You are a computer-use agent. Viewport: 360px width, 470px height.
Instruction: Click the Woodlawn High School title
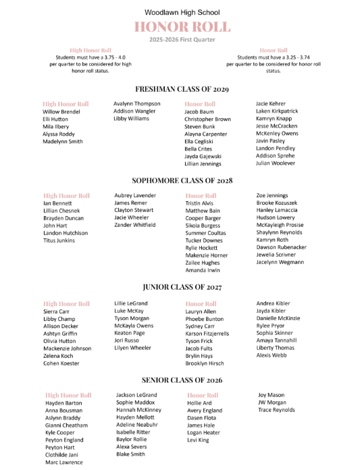pos(182,12)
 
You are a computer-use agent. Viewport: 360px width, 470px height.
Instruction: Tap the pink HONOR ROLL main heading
pos(182,27)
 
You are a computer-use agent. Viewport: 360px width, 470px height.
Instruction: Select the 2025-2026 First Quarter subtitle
pos(182,40)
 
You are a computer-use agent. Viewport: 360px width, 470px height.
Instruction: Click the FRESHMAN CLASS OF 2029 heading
pos(182,89)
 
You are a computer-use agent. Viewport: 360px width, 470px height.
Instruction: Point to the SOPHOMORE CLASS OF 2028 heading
pos(182,181)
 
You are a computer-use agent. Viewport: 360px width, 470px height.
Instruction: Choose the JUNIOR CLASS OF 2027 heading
pos(182,288)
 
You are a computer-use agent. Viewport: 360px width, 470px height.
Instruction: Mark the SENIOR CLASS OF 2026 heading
pos(182,380)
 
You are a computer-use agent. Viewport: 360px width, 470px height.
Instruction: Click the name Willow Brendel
pos(61,111)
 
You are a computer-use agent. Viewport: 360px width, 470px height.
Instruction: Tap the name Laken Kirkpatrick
pos(277,111)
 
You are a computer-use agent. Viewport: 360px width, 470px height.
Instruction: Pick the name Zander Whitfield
pos(135,225)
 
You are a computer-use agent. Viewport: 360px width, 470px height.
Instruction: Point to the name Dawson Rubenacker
pos(281,247)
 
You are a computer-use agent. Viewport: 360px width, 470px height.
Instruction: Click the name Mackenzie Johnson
pos(67,348)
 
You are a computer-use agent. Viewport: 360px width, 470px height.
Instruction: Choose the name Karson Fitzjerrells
pos(207,334)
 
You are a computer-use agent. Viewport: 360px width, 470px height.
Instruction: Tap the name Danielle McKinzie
pos(278,318)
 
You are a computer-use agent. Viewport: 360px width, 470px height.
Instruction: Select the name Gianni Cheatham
pos(66,425)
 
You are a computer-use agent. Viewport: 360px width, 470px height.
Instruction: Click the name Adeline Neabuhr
pos(137,425)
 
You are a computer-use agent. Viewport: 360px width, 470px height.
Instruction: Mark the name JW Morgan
pos(272,402)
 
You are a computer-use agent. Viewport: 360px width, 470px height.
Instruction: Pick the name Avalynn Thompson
pos(137,103)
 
